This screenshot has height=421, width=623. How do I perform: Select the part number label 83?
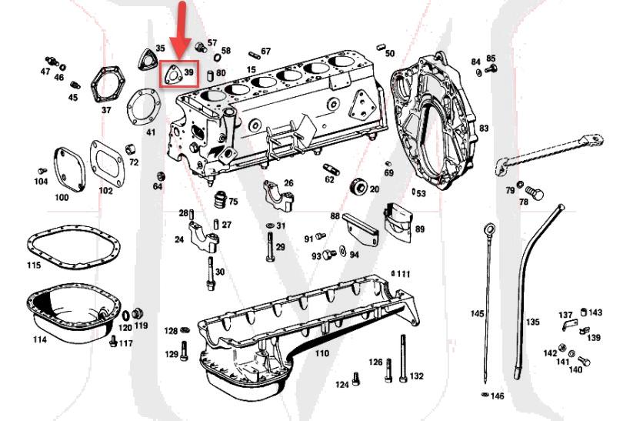(484, 128)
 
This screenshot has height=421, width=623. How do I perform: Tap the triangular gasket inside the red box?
(172, 74)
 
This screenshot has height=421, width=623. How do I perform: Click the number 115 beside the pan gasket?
(33, 266)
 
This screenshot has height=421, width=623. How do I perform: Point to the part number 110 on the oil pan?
(321, 353)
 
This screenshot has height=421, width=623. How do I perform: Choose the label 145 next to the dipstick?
(478, 314)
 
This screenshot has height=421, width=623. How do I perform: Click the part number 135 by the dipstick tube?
(532, 322)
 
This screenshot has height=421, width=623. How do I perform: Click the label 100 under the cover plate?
(61, 198)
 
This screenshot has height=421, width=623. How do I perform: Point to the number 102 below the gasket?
(105, 191)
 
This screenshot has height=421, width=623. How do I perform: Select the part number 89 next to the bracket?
(420, 229)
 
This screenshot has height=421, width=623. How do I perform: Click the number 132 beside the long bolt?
(416, 376)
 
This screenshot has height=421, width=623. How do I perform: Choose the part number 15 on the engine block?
(251, 70)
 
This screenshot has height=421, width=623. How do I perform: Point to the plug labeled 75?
(220, 199)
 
